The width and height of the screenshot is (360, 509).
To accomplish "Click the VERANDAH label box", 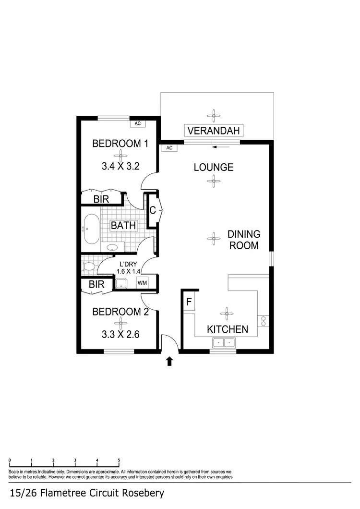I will tap(214, 130).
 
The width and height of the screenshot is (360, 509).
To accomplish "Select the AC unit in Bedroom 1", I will tap(138, 123).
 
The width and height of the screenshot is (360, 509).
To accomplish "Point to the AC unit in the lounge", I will tap(169, 148).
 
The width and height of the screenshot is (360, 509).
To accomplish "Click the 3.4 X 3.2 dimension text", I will tap(120, 167).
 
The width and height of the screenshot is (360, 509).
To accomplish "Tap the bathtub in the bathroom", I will tap(91, 229).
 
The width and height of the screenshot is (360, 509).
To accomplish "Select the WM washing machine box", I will tap(143, 283).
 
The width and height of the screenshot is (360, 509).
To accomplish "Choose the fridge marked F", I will tap(189, 303).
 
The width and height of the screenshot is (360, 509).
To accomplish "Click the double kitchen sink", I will tap(223, 342).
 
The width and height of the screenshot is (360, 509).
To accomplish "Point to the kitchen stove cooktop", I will tap(264, 320).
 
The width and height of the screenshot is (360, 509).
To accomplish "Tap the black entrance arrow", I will tap(169, 361).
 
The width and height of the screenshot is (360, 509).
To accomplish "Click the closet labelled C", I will tap(153, 210).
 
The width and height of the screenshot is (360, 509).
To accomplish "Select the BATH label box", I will tap(123, 225).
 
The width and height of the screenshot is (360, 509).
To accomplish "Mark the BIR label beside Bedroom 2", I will tap(97, 285).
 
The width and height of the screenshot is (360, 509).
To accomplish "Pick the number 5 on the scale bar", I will tap(119, 461).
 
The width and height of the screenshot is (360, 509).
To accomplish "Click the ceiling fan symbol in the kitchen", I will tap(226, 315).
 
